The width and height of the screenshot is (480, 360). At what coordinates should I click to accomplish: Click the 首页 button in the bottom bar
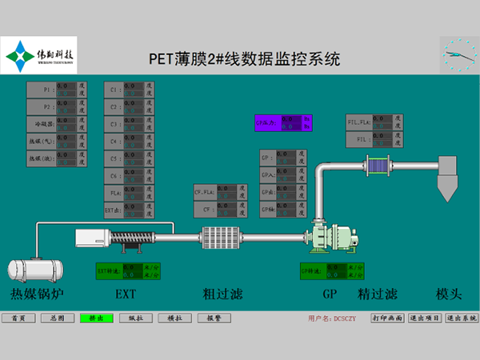(x=18, y=318)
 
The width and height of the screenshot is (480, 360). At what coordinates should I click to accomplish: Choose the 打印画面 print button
(x=387, y=318)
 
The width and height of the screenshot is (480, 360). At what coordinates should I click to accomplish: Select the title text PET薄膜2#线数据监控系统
(x=245, y=58)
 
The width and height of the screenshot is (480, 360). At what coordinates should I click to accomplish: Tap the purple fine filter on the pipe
(x=376, y=166)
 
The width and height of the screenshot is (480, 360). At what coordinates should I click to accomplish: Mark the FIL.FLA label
(x=358, y=122)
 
